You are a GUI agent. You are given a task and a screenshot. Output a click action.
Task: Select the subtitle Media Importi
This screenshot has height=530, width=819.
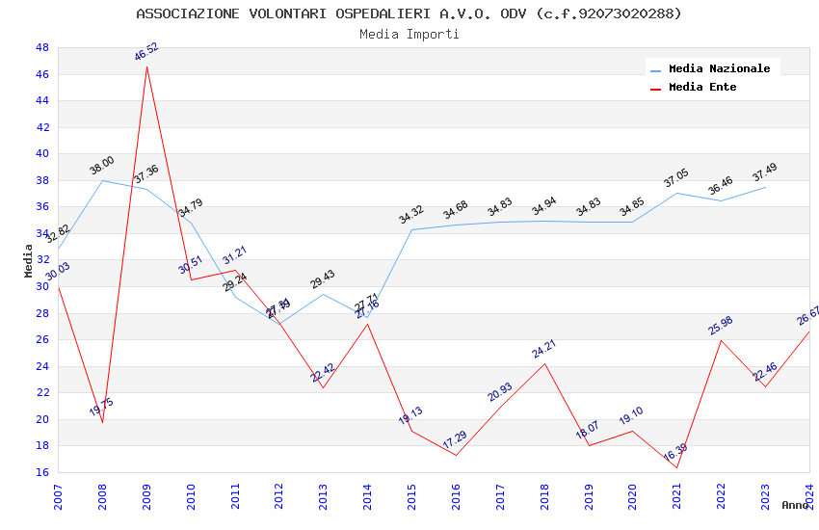[409, 34]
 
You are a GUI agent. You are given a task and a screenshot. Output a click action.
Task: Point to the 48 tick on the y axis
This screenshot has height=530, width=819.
[42, 47]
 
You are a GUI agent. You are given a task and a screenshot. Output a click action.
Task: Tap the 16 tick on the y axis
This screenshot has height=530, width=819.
[42, 472]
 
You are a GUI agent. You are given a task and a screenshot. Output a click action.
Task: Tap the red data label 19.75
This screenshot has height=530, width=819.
[101, 408]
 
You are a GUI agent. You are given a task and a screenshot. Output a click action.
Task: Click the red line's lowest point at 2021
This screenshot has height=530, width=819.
[677, 467]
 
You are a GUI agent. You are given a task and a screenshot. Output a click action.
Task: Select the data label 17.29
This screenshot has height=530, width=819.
[455, 439]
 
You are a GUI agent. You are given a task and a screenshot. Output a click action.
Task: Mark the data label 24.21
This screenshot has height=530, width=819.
[543, 348]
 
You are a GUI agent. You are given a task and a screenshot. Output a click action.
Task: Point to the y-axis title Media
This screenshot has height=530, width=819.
[29, 260]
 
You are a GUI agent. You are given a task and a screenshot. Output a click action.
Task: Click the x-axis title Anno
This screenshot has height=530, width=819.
[796, 505]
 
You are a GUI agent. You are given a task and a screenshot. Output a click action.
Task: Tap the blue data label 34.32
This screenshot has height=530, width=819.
[411, 214]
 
